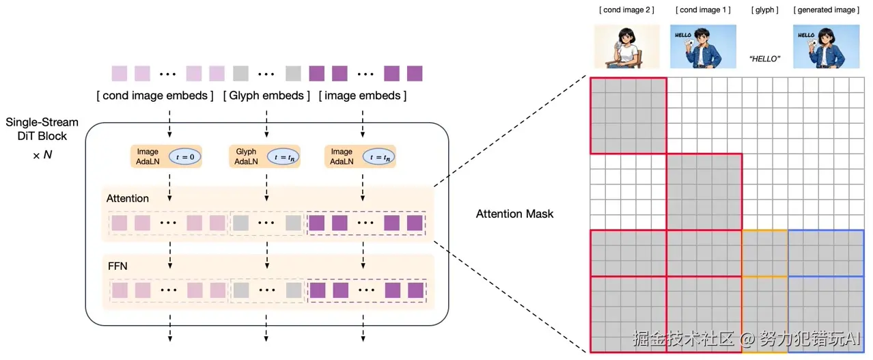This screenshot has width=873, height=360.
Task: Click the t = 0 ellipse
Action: [184, 157]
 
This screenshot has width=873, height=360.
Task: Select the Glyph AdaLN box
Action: [264, 156]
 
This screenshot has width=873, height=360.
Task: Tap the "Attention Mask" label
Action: [514, 214]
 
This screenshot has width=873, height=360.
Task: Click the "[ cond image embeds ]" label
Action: [155, 96]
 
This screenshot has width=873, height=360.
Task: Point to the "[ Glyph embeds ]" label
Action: [266, 96]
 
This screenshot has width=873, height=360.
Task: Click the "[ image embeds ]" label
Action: [363, 96]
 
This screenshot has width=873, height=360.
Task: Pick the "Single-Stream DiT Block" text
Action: [42, 129]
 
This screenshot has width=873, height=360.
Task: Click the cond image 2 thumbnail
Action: [626, 46]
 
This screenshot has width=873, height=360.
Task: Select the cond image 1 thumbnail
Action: [703, 46]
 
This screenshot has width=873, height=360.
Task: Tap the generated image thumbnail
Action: [827, 46]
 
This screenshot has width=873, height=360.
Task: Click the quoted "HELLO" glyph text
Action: [764, 59]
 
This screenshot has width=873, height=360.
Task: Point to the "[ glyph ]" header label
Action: [764, 10]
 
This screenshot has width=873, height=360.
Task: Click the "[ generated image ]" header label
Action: [827, 10]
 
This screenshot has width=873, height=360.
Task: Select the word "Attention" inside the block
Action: [128, 199]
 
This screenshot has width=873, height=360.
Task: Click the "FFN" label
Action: [117, 266]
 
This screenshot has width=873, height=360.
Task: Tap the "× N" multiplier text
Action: [42, 155]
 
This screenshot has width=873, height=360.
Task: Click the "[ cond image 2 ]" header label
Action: [626, 10]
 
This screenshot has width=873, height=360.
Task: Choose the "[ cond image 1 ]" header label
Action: [703, 10]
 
